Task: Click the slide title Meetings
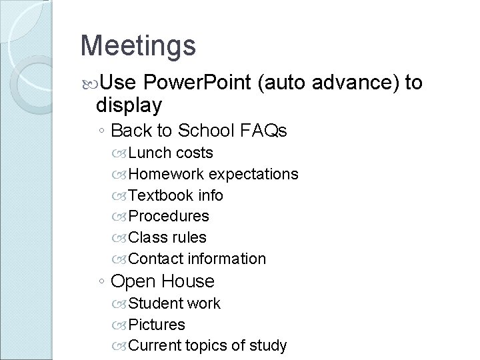[x=138, y=45]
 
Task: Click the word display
[x=129, y=105]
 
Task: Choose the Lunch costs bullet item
[x=170, y=153]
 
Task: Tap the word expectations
[x=253, y=174]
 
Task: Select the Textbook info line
[x=175, y=195]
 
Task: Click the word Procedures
[x=169, y=216]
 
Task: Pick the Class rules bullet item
[x=167, y=237]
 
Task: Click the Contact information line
[x=197, y=259]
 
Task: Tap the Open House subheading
[x=163, y=281]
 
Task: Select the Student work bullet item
[x=174, y=303]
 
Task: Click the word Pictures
[x=157, y=325]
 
